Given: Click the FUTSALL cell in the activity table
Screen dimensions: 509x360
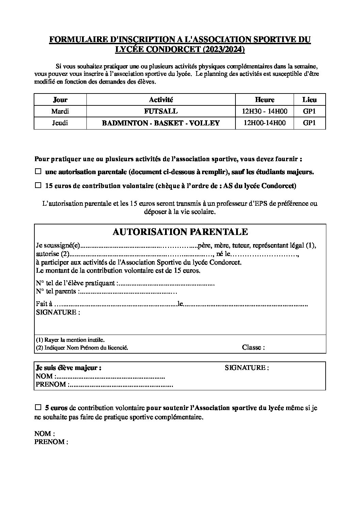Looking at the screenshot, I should click(x=161, y=111).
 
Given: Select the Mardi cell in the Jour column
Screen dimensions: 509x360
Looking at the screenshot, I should click(x=60, y=111).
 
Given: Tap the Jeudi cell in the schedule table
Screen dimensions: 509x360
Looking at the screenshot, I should click(x=60, y=123).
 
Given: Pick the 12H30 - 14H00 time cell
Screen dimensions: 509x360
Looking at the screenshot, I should click(x=264, y=111).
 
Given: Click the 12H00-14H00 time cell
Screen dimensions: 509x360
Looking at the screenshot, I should click(x=264, y=123).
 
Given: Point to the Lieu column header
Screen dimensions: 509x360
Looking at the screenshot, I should click(x=309, y=100).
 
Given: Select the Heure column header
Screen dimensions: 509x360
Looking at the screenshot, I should click(x=264, y=100).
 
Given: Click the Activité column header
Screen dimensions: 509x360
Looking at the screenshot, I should click(x=161, y=100).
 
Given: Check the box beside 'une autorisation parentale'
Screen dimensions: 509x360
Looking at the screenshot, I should click(x=38, y=171).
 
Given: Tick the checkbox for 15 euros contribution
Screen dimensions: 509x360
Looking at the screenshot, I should click(x=38, y=185).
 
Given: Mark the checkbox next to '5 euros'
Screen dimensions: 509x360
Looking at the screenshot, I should click(x=38, y=407).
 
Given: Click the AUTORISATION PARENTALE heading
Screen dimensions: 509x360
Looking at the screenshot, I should click(x=180, y=232).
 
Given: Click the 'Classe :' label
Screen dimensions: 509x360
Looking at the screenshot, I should click(x=253, y=347).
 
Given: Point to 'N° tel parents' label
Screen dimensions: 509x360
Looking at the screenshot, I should click(x=56, y=291).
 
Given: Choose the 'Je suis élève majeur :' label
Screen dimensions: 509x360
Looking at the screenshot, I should click(x=68, y=368).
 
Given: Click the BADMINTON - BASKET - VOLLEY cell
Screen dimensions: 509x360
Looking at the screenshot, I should click(x=161, y=123).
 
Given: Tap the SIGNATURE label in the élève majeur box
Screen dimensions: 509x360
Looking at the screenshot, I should click(x=247, y=368).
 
